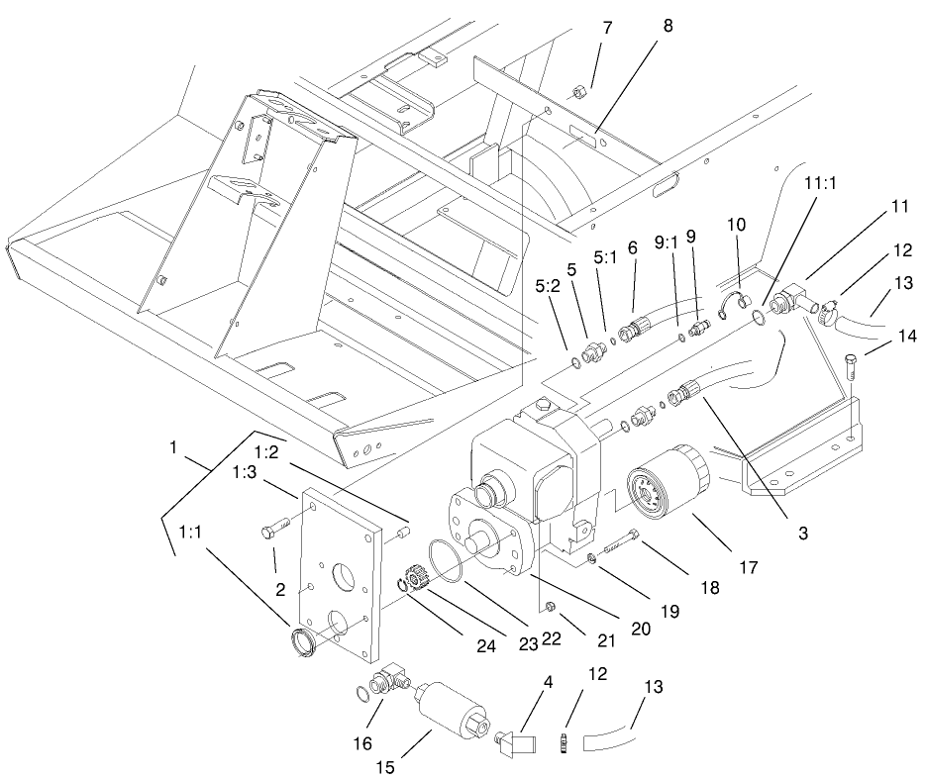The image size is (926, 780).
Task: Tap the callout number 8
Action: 668,28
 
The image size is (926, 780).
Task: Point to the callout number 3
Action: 803,533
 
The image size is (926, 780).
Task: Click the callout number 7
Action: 606,28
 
